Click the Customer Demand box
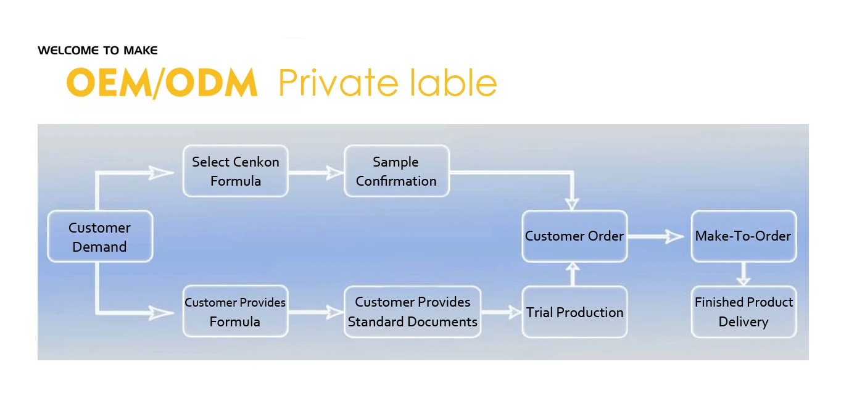[100, 237]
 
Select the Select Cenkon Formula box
[235, 171]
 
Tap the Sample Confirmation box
[396, 171]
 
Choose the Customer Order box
[574, 236]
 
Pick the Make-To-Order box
[743, 236]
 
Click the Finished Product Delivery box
[743, 312]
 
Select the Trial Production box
[574, 312]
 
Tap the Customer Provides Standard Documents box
[412, 312]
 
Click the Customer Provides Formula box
[235, 312]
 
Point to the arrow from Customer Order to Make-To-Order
[658, 236]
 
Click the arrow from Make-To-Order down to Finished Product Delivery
[743, 273]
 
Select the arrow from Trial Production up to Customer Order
[574, 273]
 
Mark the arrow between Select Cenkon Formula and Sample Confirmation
[316, 173]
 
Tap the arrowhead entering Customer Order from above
[574, 202]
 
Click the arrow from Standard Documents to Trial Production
[501, 313]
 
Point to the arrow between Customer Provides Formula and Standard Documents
[316, 313]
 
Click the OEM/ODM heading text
[162, 83]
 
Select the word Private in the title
[337, 83]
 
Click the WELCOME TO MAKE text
[97, 51]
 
